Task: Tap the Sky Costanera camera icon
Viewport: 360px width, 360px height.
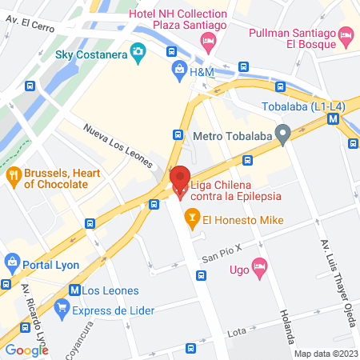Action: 138,54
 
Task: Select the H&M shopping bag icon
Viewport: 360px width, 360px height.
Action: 178,72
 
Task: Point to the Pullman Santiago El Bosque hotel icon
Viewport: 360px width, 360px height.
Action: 346,34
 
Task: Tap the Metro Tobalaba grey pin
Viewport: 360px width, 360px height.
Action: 282,134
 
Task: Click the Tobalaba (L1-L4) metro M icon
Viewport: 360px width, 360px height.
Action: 334,118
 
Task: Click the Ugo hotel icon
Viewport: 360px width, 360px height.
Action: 258,267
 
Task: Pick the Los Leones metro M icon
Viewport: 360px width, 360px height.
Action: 74,290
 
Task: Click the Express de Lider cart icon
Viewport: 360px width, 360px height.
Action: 61,306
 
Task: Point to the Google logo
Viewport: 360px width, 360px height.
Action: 26,350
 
